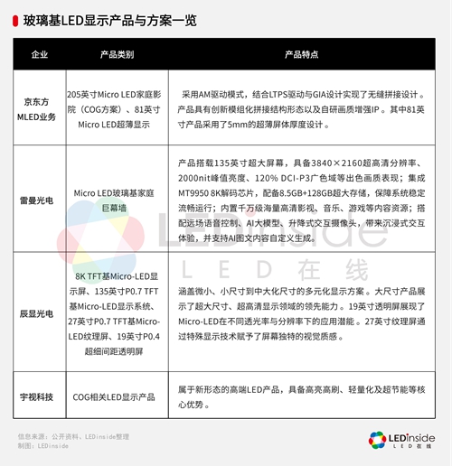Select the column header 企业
[x=40, y=55]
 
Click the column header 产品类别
[x=117, y=55]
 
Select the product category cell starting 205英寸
[x=117, y=109]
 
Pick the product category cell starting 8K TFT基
[x=117, y=315]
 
